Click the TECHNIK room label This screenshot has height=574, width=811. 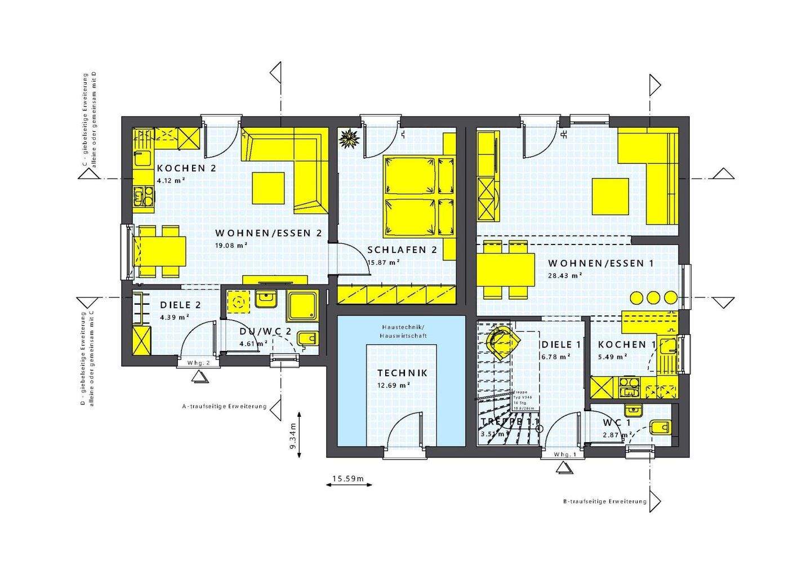pyautogui.click(x=402, y=373)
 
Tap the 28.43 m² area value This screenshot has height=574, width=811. pyautogui.click(x=565, y=276)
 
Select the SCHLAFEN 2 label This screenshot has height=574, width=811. pyautogui.click(x=402, y=250)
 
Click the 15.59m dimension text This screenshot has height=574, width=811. pyautogui.click(x=348, y=479)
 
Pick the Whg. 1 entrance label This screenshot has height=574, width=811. pyautogui.click(x=565, y=455)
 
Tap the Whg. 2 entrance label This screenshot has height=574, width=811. pyautogui.click(x=199, y=363)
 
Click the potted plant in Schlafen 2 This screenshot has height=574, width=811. pyautogui.click(x=349, y=138)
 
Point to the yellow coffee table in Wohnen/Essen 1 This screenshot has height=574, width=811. pyautogui.click(x=611, y=196)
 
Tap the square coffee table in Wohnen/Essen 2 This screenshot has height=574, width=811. pyautogui.click(x=269, y=188)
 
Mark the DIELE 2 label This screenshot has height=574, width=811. pyautogui.click(x=180, y=305)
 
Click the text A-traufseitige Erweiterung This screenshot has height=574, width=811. pyautogui.click(x=224, y=406)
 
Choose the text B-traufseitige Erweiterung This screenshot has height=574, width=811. pyautogui.click(x=604, y=501)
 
